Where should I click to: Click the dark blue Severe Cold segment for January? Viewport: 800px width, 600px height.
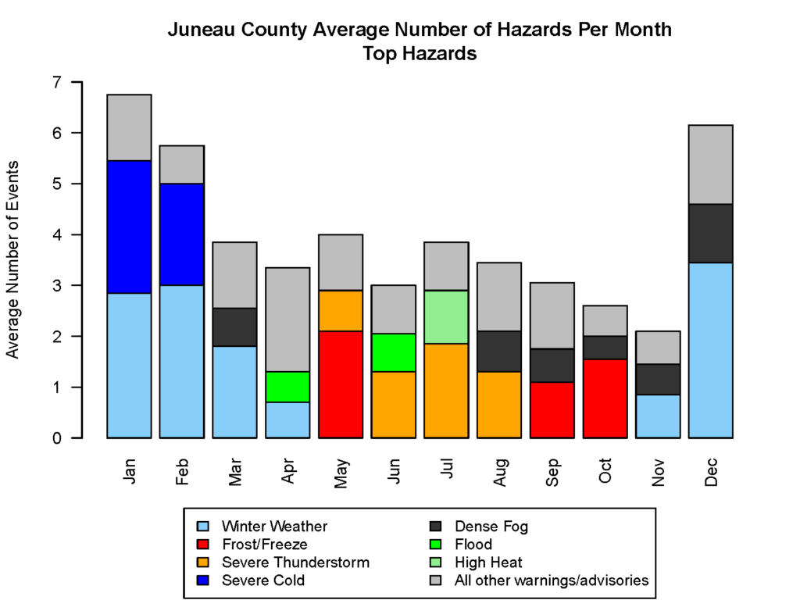tap(128, 227)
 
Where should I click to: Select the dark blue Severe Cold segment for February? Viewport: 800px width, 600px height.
tap(181, 234)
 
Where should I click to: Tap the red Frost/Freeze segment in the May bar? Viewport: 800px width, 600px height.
tap(341, 384)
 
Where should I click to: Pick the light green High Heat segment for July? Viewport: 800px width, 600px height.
tap(446, 317)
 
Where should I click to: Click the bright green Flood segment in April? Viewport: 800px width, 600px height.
tap(287, 387)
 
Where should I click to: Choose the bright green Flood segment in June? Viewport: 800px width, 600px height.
tap(393, 352)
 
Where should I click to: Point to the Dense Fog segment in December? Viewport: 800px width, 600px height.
tap(710, 234)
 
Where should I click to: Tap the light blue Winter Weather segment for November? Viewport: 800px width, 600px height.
tap(658, 416)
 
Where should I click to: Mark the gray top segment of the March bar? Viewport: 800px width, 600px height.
tap(234, 275)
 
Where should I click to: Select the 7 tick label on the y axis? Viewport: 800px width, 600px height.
tap(55, 82)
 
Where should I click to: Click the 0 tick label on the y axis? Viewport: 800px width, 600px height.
tap(55, 438)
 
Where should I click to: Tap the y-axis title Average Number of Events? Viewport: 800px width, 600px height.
tap(13, 259)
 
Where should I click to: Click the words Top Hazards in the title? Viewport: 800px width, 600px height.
tap(420, 54)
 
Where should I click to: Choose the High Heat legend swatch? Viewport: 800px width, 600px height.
tap(443, 562)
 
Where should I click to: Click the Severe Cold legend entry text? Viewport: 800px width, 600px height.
tap(263, 580)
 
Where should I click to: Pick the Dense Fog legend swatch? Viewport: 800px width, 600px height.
tap(443, 527)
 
